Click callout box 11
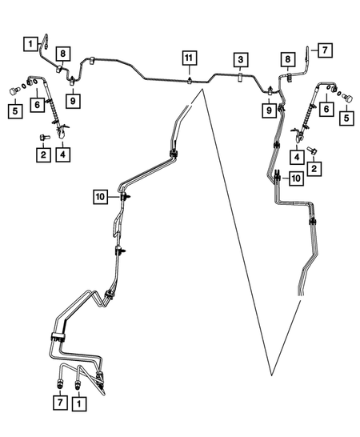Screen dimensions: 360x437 190,58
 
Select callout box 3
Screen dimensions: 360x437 241,60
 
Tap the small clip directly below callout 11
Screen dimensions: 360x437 190,80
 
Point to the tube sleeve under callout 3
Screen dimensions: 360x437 240,78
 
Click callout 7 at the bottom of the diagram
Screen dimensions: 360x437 60,403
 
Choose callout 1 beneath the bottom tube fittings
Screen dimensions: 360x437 79,403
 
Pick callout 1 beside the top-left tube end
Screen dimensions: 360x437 30,44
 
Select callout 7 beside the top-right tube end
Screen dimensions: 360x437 325,50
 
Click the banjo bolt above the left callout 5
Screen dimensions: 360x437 14,91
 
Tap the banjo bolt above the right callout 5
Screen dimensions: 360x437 347,98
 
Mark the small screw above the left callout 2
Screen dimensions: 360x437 44,137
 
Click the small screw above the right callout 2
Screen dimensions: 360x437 311,150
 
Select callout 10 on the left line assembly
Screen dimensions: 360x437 100,197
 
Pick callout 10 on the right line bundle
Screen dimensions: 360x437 296,178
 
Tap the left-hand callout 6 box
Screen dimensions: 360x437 38,105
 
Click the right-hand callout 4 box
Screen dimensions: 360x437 297,157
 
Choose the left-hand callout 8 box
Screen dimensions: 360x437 62,54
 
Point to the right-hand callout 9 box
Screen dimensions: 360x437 269,110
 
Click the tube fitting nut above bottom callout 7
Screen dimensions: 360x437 60,383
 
